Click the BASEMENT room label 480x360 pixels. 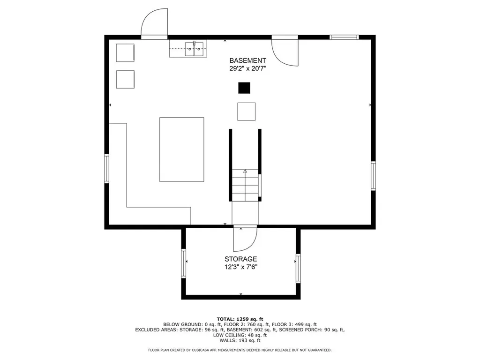(247, 60)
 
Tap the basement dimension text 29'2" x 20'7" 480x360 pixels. (247, 68)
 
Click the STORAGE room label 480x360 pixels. (240, 259)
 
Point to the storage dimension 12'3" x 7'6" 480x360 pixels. (240, 267)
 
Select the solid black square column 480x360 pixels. (244, 88)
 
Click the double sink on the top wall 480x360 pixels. (194, 48)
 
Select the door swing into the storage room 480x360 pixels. (244, 239)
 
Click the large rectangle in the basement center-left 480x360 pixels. (182, 149)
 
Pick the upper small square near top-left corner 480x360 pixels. (125, 52)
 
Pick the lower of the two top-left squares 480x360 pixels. (125, 79)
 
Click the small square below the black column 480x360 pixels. (246, 111)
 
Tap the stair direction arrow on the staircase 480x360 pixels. (245, 172)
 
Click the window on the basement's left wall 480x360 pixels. (107, 168)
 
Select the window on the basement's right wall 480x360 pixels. (373, 175)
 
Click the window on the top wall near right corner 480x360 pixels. (344, 37)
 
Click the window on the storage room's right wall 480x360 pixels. (298, 268)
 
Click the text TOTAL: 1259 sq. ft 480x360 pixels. (240, 319)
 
